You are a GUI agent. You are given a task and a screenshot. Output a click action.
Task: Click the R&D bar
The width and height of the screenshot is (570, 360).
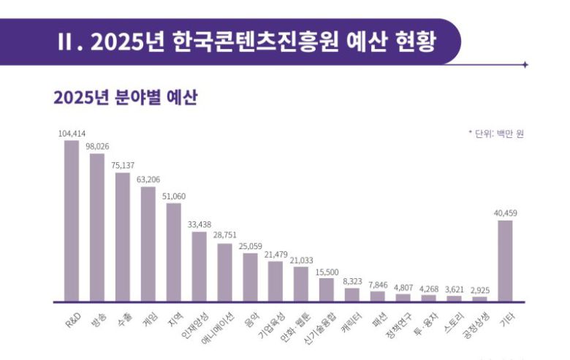click(71, 220)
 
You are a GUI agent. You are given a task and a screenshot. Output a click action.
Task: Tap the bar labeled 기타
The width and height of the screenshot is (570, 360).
click(505, 260)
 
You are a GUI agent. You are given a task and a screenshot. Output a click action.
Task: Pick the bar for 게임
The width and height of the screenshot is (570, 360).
click(148, 243)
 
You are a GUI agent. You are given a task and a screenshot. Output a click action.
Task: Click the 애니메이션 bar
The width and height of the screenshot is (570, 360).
click(224, 272)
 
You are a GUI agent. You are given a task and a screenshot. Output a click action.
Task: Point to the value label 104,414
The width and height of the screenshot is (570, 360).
click(71, 134)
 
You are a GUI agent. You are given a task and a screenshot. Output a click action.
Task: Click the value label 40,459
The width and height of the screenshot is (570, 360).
click(505, 213)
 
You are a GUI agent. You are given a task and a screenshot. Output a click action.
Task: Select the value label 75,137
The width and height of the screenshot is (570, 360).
click(122, 166)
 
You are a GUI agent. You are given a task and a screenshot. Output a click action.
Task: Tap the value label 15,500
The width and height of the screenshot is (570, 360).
click(326, 271)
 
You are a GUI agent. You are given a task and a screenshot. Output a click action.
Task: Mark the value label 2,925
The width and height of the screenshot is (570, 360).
click(479, 290)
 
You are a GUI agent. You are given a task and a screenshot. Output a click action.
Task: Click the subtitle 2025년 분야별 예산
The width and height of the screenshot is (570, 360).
click(125, 99)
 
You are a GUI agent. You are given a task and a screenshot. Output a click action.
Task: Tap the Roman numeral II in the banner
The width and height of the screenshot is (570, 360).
click(67, 42)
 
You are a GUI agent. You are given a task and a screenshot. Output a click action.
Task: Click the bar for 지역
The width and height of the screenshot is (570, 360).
click(173, 252)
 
